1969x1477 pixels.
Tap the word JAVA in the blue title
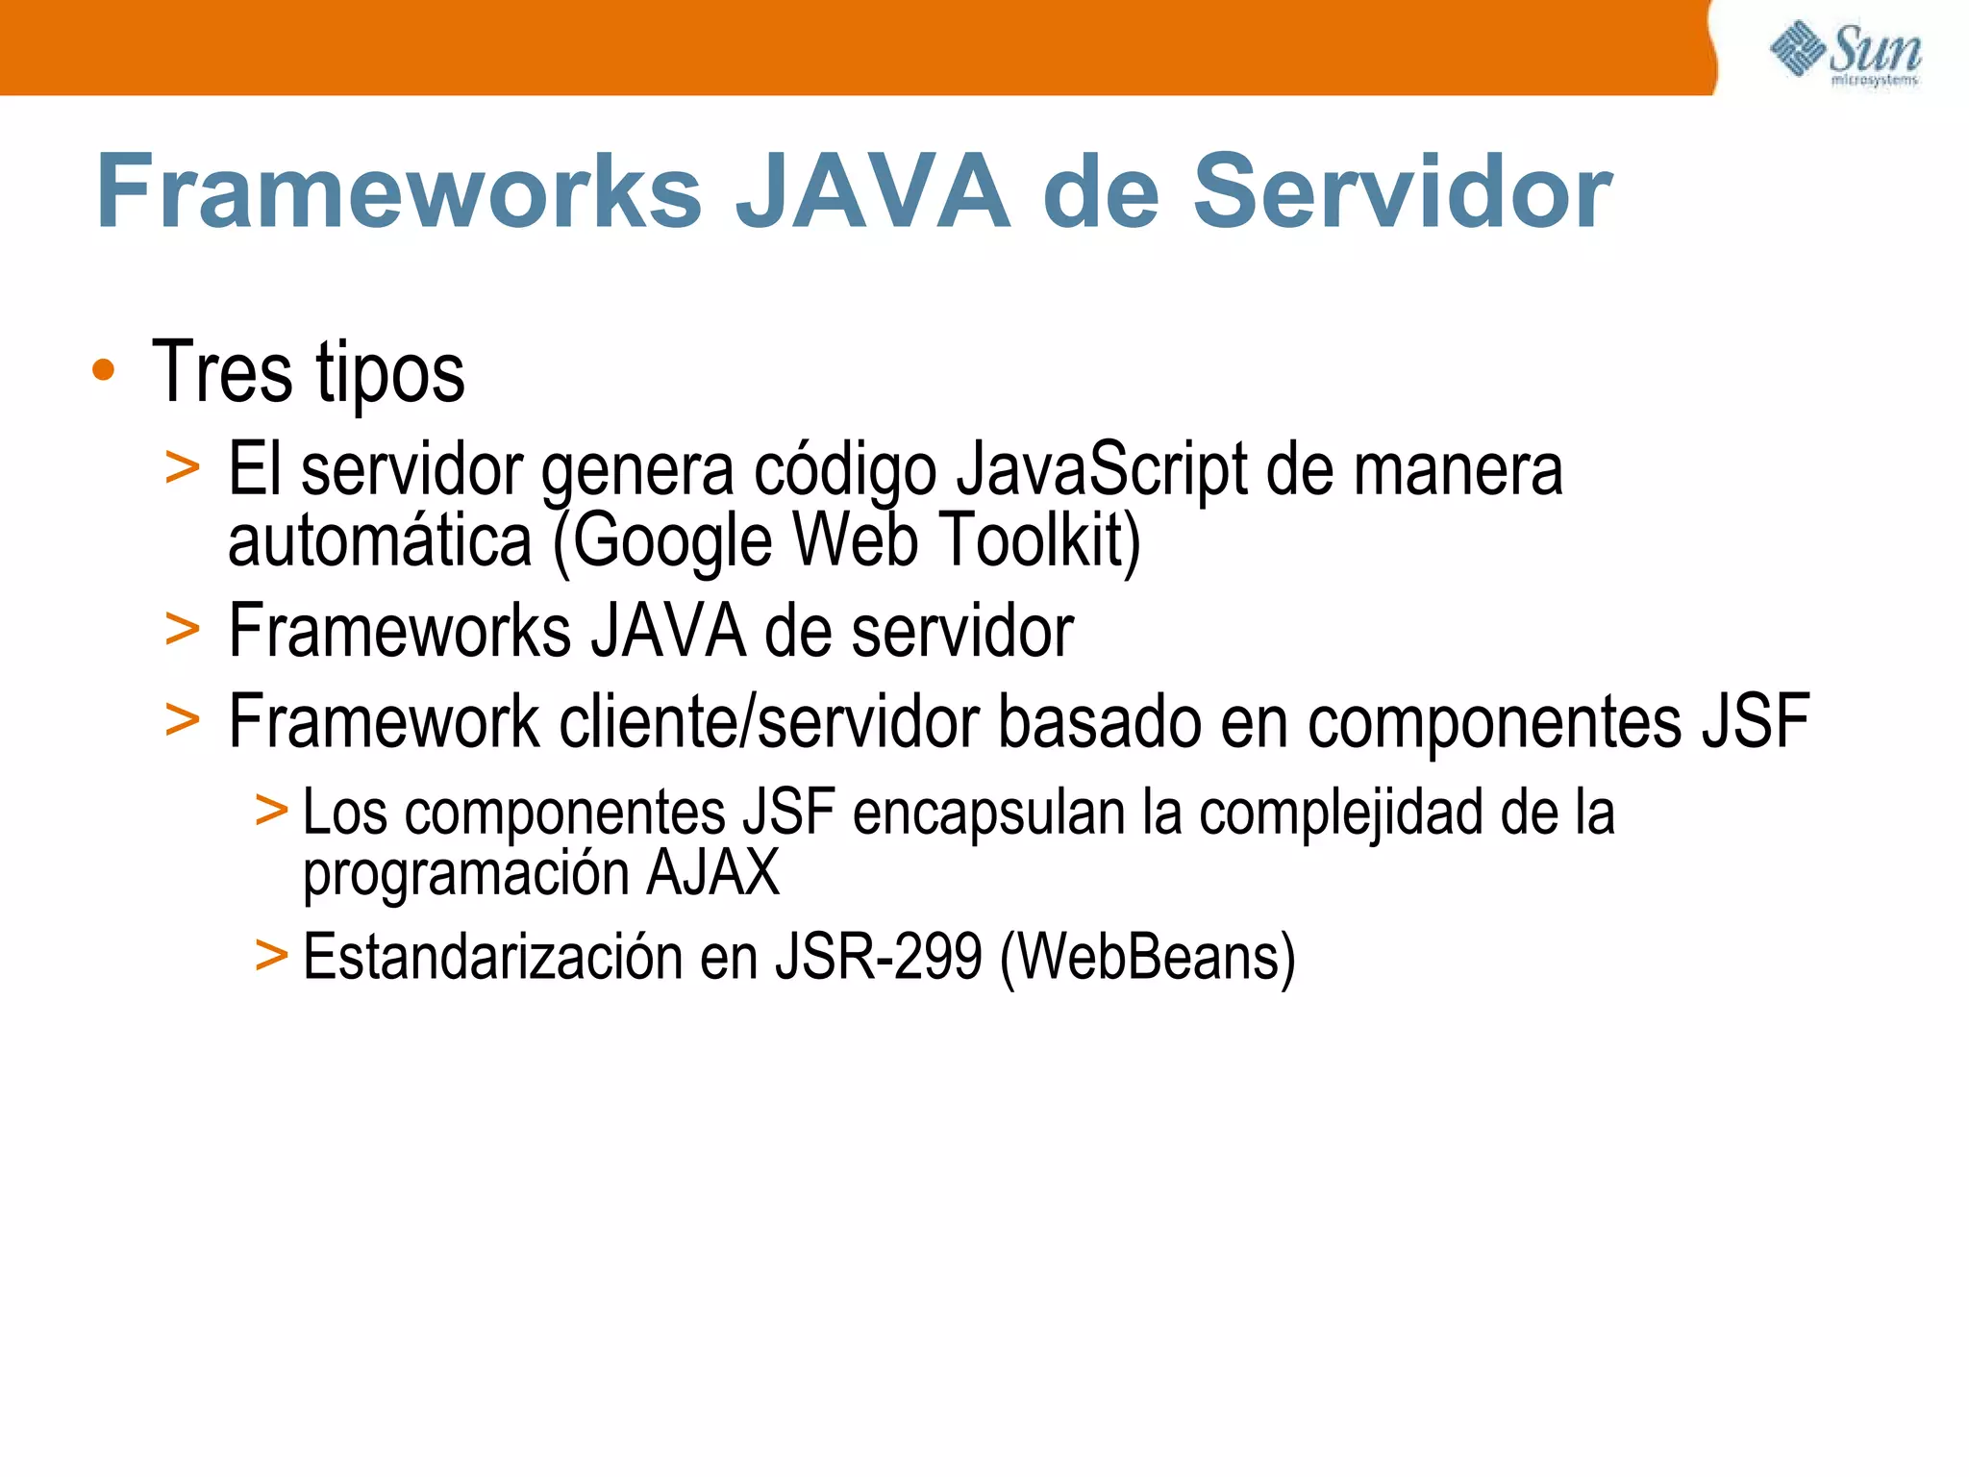click(x=873, y=192)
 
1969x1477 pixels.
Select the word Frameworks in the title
click(x=399, y=192)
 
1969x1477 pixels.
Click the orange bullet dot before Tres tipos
click(x=104, y=370)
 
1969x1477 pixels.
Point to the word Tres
click(x=222, y=372)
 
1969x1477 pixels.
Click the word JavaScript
click(x=1102, y=469)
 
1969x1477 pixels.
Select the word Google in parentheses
click(x=673, y=540)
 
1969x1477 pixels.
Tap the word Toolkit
click(x=1038, y=540)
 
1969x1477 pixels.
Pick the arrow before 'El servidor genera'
click(x=183, y=469)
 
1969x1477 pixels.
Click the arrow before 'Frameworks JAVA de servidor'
click(x=183, y=631)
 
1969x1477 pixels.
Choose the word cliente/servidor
click(x=769, y=721)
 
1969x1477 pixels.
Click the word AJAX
click(x=712, y=873)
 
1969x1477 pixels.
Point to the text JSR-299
click(x=879, y=957)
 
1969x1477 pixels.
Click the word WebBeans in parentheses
click(x=1148, y=957)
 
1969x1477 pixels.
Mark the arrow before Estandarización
click(x=271, y=956)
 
